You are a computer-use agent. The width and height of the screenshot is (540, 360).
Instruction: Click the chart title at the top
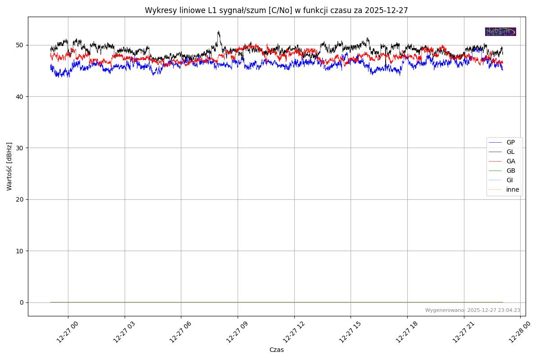(276, 10)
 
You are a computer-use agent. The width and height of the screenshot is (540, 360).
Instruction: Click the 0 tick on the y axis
(21, 302)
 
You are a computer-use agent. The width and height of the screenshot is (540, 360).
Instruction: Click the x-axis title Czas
(276, 350)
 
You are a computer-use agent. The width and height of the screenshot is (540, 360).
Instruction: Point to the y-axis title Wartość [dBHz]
(9, 166)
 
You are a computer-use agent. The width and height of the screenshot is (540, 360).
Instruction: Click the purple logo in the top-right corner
(500, 31)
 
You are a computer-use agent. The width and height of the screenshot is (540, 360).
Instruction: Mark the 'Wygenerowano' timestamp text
(472, 310)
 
